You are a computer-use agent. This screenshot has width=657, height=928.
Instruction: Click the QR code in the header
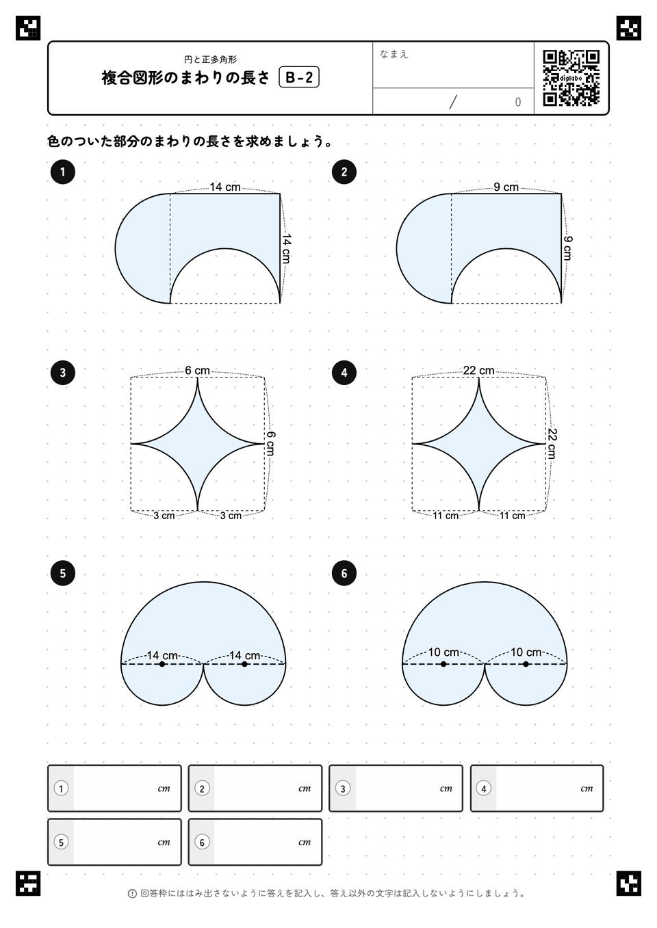(x=571, y=78)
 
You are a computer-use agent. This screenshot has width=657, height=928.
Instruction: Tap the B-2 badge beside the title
(x=299, y=77)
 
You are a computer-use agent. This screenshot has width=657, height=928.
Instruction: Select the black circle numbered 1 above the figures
(x=62, y=172)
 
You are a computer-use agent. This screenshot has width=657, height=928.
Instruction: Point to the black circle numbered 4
(x=344, y=373)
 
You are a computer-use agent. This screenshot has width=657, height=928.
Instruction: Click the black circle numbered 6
(x=344, y=573)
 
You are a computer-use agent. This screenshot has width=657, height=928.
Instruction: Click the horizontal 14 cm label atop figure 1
(x=224, y=187)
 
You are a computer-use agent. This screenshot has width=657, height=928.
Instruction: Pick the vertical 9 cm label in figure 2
(x=567, y=248)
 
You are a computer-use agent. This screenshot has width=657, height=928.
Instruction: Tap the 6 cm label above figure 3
(x=197, y=371)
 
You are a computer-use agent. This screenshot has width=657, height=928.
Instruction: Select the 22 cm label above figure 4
(x=478, y=371)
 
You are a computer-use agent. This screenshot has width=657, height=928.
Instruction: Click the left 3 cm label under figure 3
(x=164, y=516)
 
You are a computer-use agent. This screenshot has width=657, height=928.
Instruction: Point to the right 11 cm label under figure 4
(x=512, y=516)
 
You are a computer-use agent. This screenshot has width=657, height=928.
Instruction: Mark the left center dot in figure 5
(x=162, y=664)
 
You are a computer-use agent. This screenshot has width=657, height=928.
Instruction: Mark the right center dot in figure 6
(x=526, y=664)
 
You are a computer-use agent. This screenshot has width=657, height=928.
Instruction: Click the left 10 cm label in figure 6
(x=443, y=652)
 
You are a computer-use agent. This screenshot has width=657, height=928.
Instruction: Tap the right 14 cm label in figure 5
(x=244, y=655)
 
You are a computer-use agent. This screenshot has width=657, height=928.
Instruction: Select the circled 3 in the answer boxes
(x=343, y=788)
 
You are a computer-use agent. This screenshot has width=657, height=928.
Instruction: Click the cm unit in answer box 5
(x=164, y=843)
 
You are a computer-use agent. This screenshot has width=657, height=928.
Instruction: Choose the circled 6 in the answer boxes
(x=202, y=843)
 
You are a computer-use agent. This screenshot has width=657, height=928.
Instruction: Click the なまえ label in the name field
(x=394, y=54)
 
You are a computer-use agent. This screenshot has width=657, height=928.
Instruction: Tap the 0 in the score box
(x=517, y=102)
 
